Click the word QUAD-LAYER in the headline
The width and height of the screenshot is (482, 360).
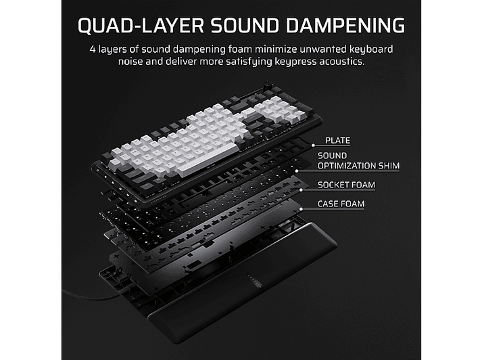(x=141, y=25)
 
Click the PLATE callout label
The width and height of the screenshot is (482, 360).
(x=337, y=141)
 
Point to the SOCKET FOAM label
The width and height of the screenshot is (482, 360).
(x=346, y=185)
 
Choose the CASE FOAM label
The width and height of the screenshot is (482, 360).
(x=341, y=204)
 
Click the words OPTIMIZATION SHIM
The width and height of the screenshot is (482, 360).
(x=358, y=166)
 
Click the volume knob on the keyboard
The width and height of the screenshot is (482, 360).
(x=266, y=85)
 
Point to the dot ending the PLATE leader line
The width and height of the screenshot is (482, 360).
(x=313, y=145)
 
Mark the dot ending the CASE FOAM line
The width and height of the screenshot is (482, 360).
(x=301, y=209)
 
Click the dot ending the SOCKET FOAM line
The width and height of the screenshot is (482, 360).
(x=301, y=190)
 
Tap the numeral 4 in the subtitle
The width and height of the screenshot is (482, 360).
(x=93, y=49)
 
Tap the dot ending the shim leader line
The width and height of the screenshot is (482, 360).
(x=297, y=171)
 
